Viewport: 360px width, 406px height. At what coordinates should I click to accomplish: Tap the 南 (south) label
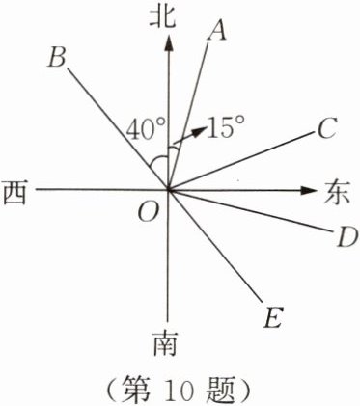(167, 342)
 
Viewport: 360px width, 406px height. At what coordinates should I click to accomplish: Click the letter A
(217, 32)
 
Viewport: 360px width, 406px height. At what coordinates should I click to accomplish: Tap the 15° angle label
(225, 128)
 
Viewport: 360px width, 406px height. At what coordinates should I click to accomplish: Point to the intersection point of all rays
(170, 189)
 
